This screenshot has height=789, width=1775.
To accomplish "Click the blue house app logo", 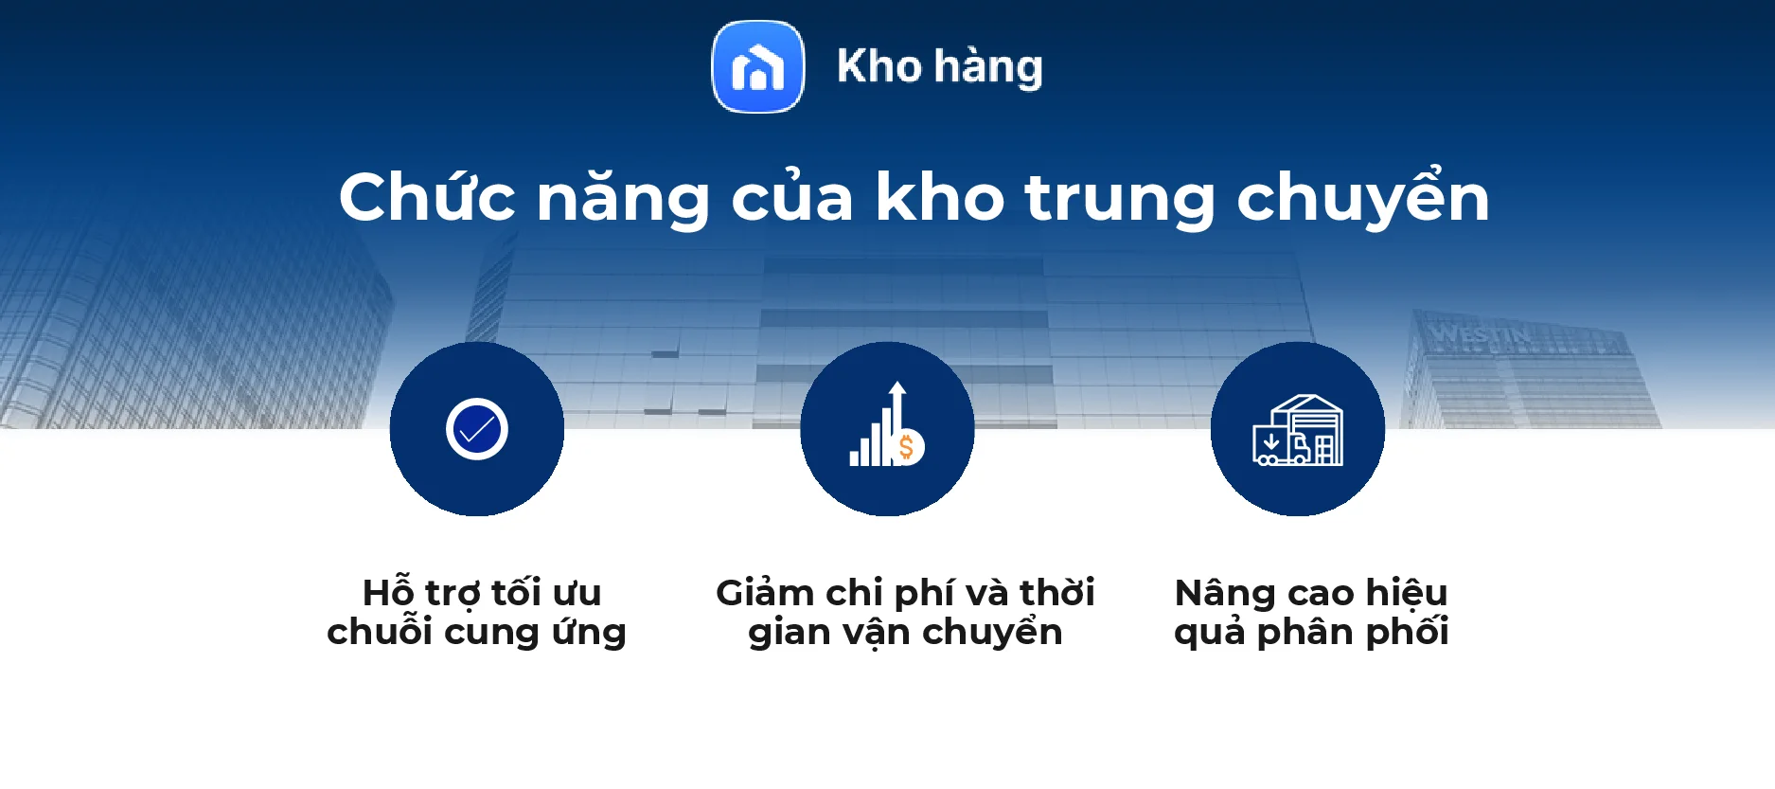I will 757,67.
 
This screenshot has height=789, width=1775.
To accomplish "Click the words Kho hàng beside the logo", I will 939,67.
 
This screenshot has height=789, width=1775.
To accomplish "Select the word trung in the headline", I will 1119,199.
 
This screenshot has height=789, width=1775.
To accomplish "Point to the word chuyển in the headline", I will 1363,199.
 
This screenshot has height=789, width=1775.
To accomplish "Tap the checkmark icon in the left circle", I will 477,429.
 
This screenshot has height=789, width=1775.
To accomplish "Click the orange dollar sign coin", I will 907,447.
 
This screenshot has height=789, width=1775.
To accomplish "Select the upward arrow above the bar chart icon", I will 897,398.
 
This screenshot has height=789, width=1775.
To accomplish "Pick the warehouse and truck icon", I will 1298,430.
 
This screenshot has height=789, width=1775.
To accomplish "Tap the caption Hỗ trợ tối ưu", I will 482,593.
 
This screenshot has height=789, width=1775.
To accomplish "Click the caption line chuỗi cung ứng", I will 476,632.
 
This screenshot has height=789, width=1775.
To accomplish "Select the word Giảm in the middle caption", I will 765,593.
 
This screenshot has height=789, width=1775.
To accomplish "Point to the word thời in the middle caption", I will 1056,593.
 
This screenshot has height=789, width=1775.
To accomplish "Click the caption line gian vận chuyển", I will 905,632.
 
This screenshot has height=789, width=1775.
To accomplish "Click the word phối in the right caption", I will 1407,632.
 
